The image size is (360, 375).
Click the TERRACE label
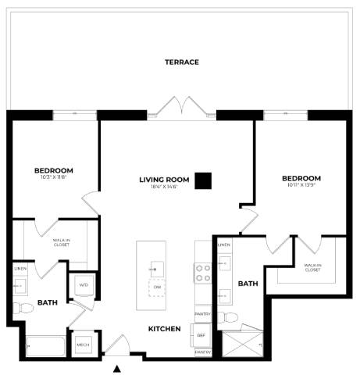click(182, 62)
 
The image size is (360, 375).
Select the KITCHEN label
click(165, 329)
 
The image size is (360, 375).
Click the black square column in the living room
click(203, 180)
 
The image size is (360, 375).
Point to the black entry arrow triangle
click(118, 368)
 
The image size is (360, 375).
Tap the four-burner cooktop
click(203, 273)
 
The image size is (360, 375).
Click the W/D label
click(84, 285)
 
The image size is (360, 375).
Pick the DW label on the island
click(157, 287)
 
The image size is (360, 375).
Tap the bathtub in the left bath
click(46, 345)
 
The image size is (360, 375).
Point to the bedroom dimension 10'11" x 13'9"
click(301, 187)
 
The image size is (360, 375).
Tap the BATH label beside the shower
click(248, 284)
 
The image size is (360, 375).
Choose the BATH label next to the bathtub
click(47, 303)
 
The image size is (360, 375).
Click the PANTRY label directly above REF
click(203, 315)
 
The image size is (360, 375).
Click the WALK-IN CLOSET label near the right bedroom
click(313, 267)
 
